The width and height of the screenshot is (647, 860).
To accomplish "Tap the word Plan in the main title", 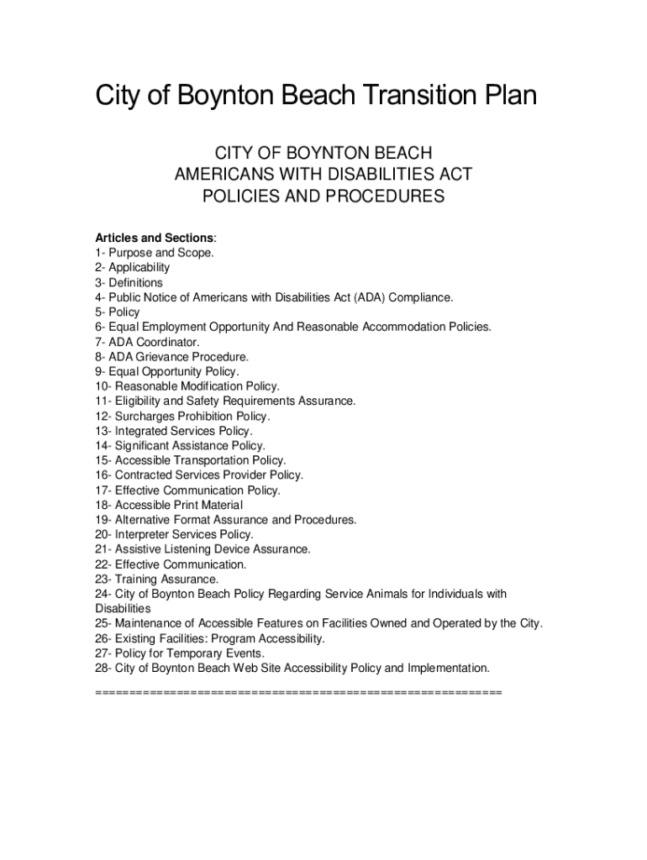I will coord(501,96).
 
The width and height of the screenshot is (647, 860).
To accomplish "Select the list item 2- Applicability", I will coord(133,267).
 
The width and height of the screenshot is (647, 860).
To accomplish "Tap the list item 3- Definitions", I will coord(129,282).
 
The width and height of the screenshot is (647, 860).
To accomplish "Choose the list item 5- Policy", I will coord(118,312).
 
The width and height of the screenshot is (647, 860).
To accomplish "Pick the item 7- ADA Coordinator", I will coord(148,342).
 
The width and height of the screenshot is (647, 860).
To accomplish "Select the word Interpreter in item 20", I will coord(144,534).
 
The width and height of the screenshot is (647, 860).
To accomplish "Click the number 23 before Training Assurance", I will coord(102,579).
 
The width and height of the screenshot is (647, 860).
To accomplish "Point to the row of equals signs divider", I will coord(298,692).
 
